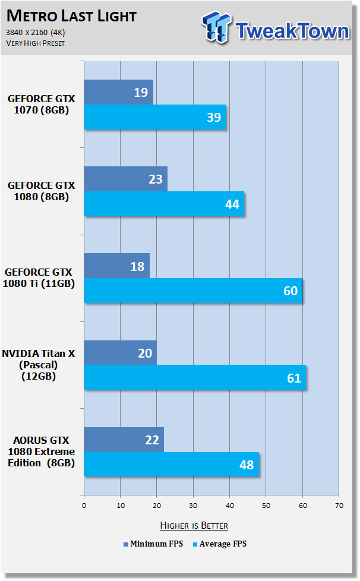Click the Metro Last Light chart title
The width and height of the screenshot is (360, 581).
pyautogui.click(x=71, y=16)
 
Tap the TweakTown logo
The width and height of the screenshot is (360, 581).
pyautogui.click(x=276, y=28)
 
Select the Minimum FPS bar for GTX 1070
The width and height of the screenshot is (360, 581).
pyautogui.click(x=119, y=92)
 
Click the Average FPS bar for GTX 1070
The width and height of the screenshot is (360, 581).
pyautogui.click(x=155, y=117)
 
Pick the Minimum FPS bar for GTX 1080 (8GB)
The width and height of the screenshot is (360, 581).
pyautogui.click(x=125, y=179)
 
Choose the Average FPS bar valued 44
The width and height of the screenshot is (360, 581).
pyautogui.click(x=164, y=204)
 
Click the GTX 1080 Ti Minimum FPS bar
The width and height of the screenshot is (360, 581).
pyautogui.click(x=116, y=266)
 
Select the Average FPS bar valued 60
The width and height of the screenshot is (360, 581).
pyautogui.click(x=193, y=290)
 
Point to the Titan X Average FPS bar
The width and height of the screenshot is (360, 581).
pyautogui.click(x=195, y=377)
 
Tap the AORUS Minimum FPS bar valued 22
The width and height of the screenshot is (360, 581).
pyautogui.click(x=124, y=440)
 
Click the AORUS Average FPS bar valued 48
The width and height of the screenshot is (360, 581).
pyautogui.click(x=172, y=465)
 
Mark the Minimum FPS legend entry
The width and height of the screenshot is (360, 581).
pyautogui.click(x=153, y=544)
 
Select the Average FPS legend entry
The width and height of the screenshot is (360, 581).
pyautogui.click(x=220, y=544)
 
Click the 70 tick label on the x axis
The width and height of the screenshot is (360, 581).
pyautogui.click(x=339, y=506)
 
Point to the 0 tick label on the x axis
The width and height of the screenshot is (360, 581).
pyautogui.click(x=84, y=506)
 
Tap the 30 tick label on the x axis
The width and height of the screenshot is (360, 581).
pyautogui.click(x=193, y=506)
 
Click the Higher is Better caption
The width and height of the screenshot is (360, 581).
pyautogui.click(x=194, y=525)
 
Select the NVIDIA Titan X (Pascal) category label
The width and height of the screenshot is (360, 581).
pyautogui.click(x=39, y=365)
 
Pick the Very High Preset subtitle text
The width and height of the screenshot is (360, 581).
pyautogui.click(x=36, y=43)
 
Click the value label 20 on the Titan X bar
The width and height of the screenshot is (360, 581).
pyautogui.click(x=145, y=353)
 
